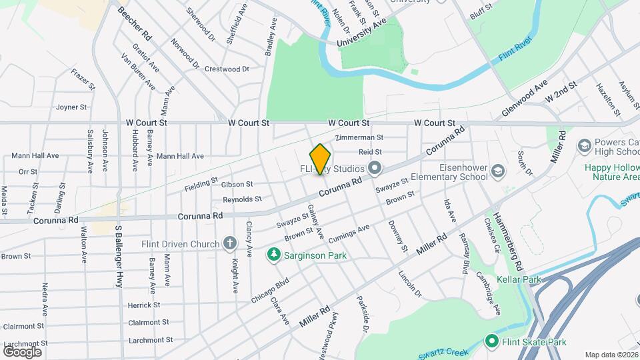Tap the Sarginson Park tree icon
[x=273, y=254]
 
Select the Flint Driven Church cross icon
[x=229, y=243]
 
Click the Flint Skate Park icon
[x=492, y=342]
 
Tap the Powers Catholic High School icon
[x=584, y=146]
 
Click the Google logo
[x=22, y=351]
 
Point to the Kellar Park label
[x=519, y=279]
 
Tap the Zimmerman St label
[x=360, y=137]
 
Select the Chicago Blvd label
[x=269, y=291]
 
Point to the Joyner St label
[x=71, y=107]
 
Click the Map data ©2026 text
[x=611, y=355]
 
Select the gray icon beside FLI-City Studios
[x=375, y=168]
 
